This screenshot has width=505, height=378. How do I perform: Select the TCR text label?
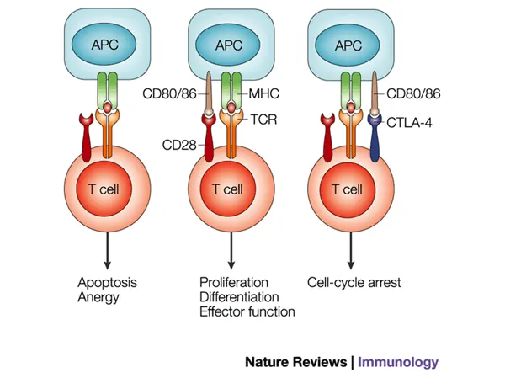tap(263, 120)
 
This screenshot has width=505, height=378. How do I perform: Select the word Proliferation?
tap(234, 280)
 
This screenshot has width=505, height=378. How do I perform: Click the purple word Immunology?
tap(398, 362)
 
